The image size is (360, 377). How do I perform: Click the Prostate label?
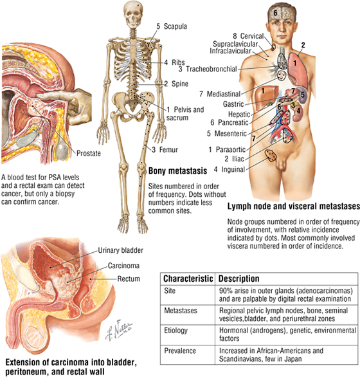(x=89, y=153)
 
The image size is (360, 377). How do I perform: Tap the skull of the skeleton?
(x=132, y=15)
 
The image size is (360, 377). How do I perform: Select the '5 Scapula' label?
(x=172, y=26)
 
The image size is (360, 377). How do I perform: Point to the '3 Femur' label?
(x=165, y=150)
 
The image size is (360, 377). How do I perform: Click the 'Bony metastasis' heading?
(x=177, y=170)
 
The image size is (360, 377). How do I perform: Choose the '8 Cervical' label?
(x=248, y=36)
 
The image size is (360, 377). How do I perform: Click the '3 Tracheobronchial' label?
(x=208, y=69)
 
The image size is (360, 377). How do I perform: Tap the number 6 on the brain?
(x=275, y=12)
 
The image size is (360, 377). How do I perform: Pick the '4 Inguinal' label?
(x=230, y=169)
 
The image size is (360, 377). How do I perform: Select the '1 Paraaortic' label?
(x=227, y=149)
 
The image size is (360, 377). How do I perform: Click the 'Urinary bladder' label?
(x=120, y=250)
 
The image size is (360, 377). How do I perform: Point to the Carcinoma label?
(x=123, y=266)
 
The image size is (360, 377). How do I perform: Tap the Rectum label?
(x=129, y=279)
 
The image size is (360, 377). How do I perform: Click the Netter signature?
(x=118, y=330)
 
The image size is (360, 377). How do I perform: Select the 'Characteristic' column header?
(x=188, y=279)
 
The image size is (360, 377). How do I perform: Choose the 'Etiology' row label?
(x=175, y=330)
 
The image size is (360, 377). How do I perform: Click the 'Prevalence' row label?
(x=180, y=351)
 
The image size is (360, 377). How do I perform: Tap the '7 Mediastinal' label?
(x=220, y=94)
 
